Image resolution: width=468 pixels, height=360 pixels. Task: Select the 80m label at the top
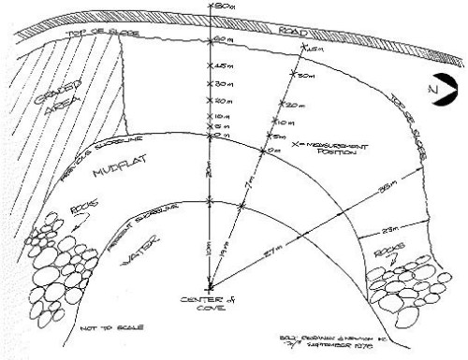pos(223,6)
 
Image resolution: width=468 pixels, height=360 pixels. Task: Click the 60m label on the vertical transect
pos(223,40)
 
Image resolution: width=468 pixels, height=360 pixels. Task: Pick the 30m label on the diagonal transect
pos(304,76)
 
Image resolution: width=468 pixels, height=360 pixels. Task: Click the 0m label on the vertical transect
pos(223,136)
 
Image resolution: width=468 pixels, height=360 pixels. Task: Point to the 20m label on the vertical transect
pos(223,100)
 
